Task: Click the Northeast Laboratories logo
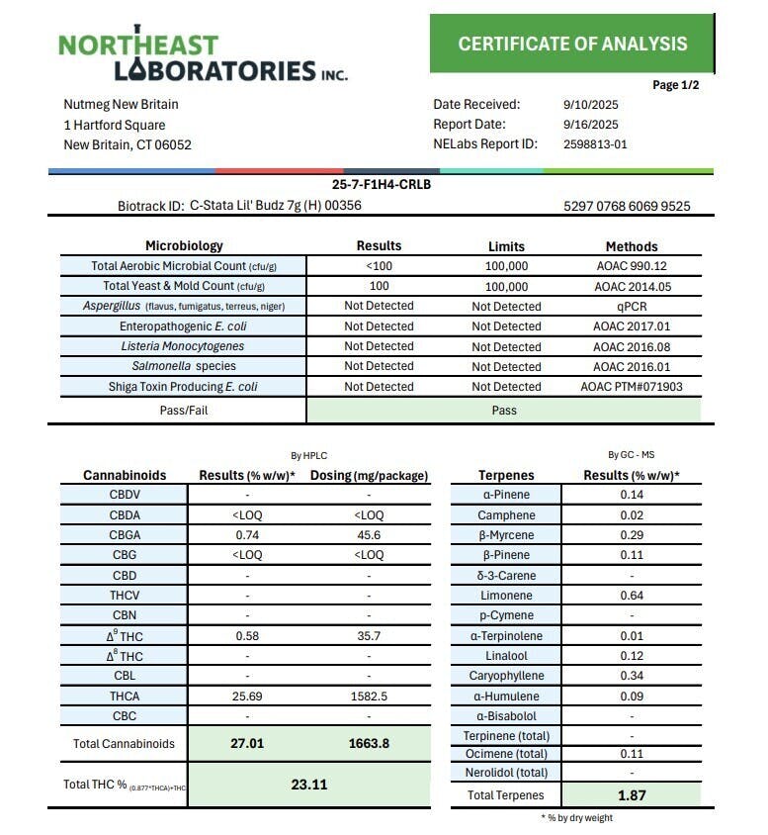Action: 203,56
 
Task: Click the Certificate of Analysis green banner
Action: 572,44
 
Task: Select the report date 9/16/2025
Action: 590,125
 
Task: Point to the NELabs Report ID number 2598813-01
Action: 595,144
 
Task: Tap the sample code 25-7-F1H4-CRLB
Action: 381,184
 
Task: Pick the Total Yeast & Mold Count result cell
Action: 379,286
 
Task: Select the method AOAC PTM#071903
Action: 631,387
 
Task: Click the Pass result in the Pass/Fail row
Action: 504,410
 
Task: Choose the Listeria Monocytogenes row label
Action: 183,346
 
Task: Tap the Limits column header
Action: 506,246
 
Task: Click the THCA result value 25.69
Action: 247,696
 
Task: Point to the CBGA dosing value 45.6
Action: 369,535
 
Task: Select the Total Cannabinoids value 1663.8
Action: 369,743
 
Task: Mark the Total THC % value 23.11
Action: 308,785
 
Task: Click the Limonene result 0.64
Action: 631,596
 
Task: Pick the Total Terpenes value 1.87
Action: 631,794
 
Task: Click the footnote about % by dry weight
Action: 576,818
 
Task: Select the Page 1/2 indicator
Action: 676,85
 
